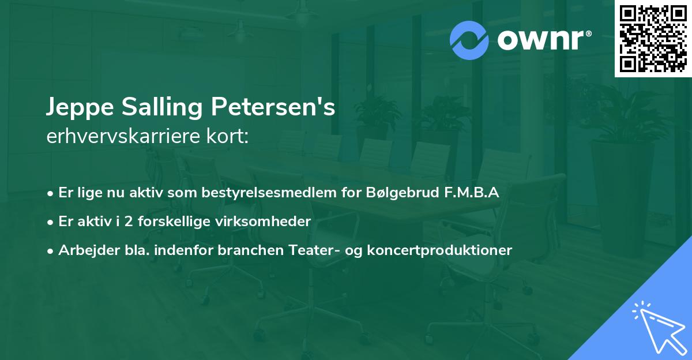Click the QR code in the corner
tap(653, 39)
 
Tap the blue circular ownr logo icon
tap(469, 40)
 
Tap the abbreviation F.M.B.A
tap(470, 193)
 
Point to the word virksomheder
tap(270, 222)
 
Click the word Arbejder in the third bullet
tap(85, 250)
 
